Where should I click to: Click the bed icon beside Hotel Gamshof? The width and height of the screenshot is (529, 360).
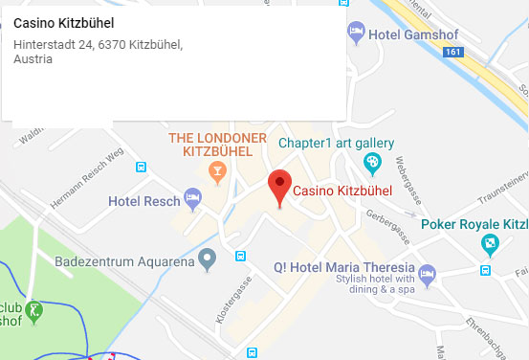pyautogui.click(x=357, y=33)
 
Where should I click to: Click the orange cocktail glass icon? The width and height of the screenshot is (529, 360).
pyautogui.click(x=218, y=172)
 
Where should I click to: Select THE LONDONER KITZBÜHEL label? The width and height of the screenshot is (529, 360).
pyautogui.click(x=217, y=144)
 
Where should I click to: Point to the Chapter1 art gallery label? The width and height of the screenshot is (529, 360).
pyautogui.click(x=335, y=144)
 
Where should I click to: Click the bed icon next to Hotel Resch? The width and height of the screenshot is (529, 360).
pyautogui.click(x=193, y=200)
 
